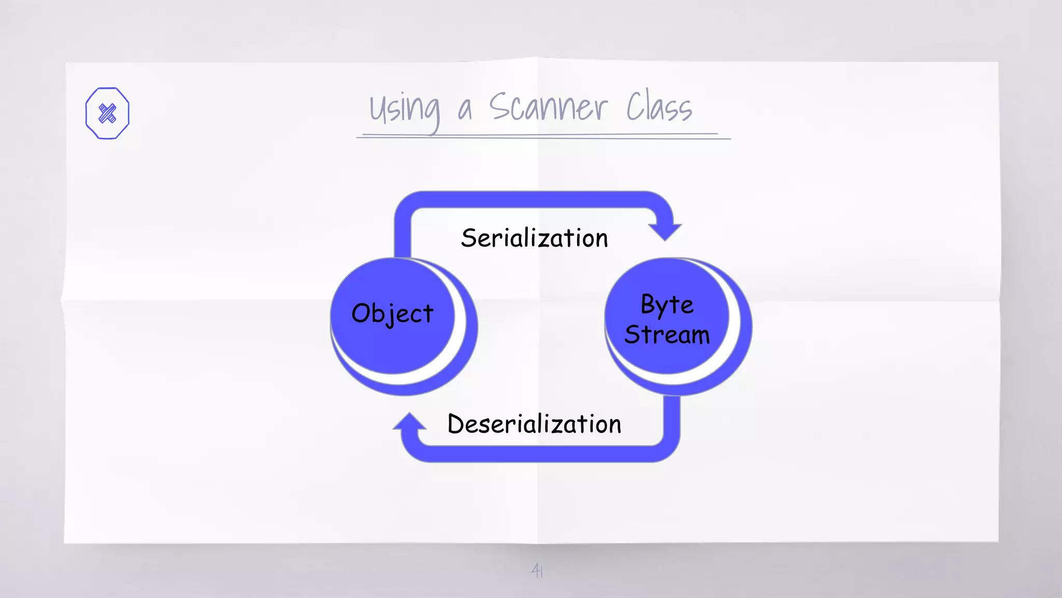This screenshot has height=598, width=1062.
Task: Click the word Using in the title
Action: pos(404,110)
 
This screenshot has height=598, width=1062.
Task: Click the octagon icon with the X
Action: pos(107,113)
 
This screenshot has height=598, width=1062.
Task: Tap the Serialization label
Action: pos(534,238)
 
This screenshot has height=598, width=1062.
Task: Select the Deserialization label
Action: pos(534,424)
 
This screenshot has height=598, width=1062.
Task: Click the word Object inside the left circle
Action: pos(393,314)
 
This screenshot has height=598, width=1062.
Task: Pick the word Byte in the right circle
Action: pos(667,304)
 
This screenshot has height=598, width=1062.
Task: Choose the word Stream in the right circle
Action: pos(667,335)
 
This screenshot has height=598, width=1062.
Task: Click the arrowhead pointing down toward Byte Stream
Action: pos(665,231)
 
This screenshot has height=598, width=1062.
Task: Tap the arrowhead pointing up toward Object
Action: pos(410,422)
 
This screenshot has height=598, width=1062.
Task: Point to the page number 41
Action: pos(537,571)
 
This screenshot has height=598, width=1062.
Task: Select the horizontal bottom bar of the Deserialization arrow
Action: pos(539,454)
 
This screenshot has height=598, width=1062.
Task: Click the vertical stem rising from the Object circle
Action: pos(403,234)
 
